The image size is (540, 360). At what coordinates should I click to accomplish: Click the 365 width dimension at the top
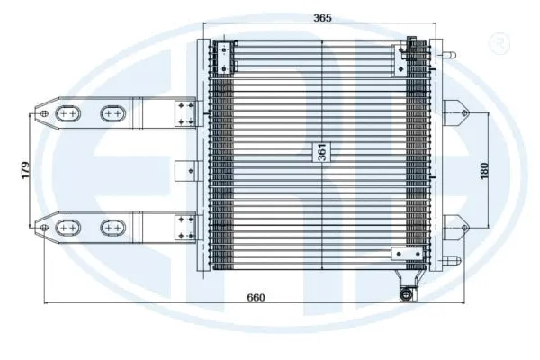point(321,17)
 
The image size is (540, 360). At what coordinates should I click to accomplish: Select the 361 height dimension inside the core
point(321,152)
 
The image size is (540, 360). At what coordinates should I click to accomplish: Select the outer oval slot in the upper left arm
point(68,113)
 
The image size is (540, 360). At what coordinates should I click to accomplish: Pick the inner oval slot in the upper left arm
point(112,113)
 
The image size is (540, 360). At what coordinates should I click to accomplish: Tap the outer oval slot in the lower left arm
point(68,227)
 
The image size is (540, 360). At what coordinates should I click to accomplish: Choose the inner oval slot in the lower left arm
point(112,227)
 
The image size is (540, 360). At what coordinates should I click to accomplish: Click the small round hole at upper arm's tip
point(42,114)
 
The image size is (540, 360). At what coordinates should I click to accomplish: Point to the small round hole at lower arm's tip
point(42,227)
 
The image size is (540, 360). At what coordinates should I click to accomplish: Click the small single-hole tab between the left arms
point(188,169)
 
